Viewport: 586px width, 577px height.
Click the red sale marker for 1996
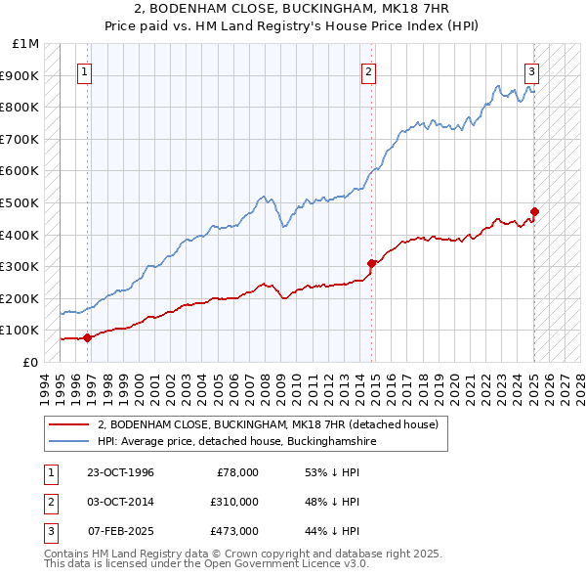(87, 337)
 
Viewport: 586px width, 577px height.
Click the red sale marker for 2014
(371, 263)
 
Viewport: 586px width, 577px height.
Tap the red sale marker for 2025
(535, 211)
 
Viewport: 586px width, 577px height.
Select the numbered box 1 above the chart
(84, 71)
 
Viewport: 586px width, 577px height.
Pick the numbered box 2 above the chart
(368, 71)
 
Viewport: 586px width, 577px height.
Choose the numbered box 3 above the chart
(531, 71)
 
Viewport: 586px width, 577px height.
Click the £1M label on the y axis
(26, 44)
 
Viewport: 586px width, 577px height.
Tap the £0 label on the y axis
(30, 362)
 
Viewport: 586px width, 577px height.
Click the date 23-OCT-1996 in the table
(120, 472)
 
